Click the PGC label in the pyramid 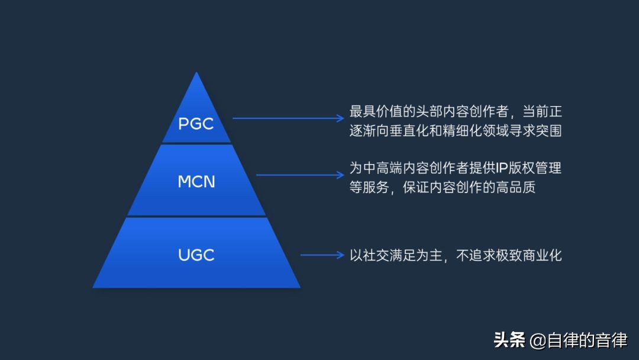(x=196, y=124)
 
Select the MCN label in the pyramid (x=196, y=181)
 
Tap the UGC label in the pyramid (x=196, y=255)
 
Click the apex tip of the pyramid (x=196, y=73)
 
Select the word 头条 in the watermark (x=509, y=340)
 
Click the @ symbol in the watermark (x=537, y=341)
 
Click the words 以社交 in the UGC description (x=370, y=255)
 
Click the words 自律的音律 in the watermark (x=586, y=340)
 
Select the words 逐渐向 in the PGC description (x=370, y=131)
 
